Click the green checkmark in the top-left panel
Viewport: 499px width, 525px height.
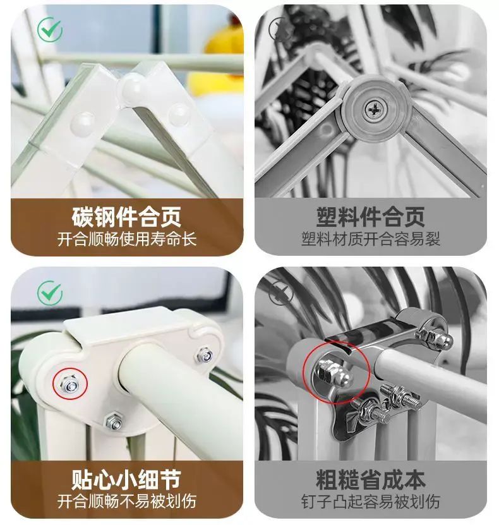[49, 29]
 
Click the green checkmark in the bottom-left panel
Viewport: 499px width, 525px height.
[49, 293]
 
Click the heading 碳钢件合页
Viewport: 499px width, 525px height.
[126, 217]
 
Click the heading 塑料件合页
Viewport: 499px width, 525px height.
[371, 217]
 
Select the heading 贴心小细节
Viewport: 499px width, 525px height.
[126, 480]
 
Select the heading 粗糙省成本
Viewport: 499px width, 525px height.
[371, 480]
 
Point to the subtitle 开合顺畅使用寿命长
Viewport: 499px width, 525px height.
[126, 239]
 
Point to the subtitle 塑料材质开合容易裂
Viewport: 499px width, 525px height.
[371, 239]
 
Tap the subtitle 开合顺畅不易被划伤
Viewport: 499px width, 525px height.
[126, 502]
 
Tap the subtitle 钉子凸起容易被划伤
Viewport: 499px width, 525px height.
[371, 502]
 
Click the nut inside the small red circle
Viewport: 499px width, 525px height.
[69, 384]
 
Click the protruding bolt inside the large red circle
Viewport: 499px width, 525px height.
[333, 371]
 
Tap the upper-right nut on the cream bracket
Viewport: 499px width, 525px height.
[203, 355]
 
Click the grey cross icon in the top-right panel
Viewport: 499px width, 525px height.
[280, 29]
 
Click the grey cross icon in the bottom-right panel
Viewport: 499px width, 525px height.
[280, 293]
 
